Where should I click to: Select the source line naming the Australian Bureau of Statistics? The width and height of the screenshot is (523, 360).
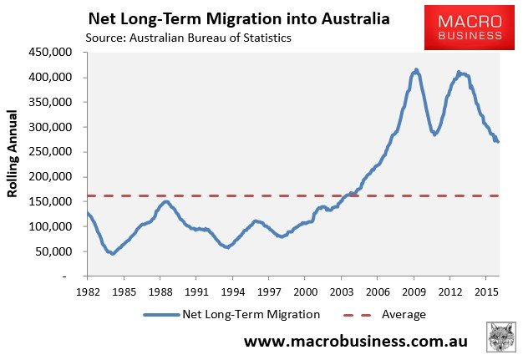point(195,38)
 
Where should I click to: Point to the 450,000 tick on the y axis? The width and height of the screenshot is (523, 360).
point(54,52)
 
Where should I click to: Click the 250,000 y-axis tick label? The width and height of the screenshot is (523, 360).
point(54,152)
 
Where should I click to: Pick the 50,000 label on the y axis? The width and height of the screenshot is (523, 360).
point(58,251)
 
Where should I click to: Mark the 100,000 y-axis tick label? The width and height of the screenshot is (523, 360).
point(54,226)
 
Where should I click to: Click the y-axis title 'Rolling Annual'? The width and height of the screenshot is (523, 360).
point(13,164)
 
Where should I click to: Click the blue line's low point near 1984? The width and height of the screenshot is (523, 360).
point(112,253)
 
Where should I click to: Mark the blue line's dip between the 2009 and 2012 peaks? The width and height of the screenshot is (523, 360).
point(434,134)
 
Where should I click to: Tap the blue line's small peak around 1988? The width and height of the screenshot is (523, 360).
point(165,201)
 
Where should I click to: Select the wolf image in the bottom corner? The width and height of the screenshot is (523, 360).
point(503,338)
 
